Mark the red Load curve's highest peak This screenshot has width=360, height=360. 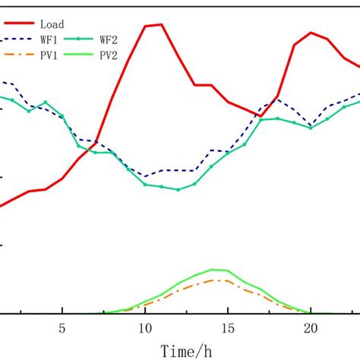[161, 24]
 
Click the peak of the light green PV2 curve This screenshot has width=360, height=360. [211, 270]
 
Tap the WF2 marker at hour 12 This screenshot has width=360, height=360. [178, 190]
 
